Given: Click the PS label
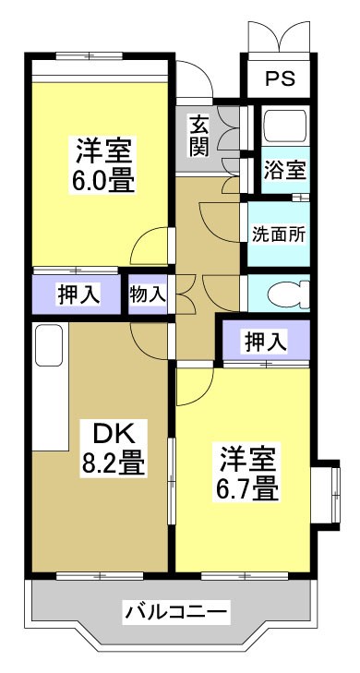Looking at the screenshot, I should pyautogui.click(x=280, y=79).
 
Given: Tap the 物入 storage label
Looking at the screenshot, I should pyautogui.click(x=148, y=294).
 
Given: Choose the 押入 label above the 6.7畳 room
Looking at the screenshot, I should pyautogui.click(x=265, y=341).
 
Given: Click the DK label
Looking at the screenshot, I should pyautogui.click(x=114, y=432).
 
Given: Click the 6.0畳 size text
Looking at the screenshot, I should pyautogui.click(x=103, y=178).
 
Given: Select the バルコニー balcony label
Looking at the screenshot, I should pyautogui.click(x=175, y=611).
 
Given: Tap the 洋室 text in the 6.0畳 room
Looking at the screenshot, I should pyautogui.click(x=103, y=148).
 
